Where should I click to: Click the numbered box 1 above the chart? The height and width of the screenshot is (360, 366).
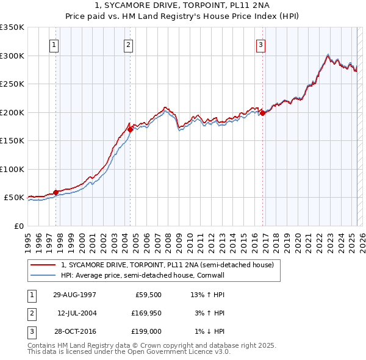[x=55, y=44]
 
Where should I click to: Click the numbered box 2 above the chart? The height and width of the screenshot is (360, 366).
[x=129, y=44]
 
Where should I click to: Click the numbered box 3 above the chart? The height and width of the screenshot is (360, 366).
[x=260, y=44]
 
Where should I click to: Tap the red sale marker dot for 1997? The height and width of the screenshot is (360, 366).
[x=56, y=192]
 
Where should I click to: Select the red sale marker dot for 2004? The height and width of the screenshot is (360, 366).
[x=131, y=129]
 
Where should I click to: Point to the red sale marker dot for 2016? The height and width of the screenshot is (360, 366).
[x=262, y=113]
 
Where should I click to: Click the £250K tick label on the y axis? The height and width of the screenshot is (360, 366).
[x=12, y=84]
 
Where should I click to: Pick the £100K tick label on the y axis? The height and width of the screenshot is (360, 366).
[x=12, y=169]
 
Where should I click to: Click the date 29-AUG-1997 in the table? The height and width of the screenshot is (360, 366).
[x=74, y=294]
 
